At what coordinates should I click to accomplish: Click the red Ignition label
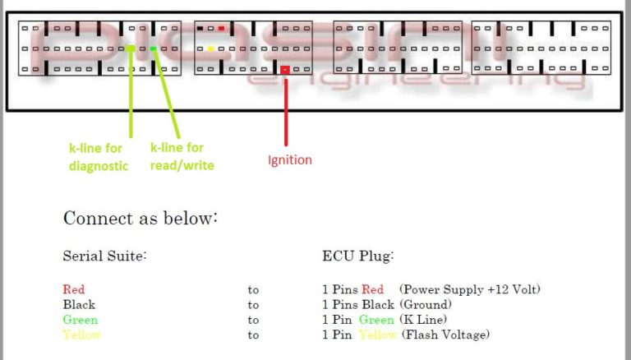pyautogui.click(x=290, y=159)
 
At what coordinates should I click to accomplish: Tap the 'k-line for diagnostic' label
pyautogui.click(x=99, y=156)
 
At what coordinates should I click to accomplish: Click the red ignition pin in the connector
pyautogui.click(x=285, y=70)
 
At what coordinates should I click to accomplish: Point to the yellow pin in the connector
pyautogui.click(x=211, y=48)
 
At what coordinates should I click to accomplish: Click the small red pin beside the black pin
pyautogui.click(x=221, y=28)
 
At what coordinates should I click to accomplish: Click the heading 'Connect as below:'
pyautogui.click(x=140, y=219)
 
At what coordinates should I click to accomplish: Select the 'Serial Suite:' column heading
pyautogui.click(x=104, y=256)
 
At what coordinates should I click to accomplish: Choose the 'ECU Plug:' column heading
pyautogui.click(x=357, y=256)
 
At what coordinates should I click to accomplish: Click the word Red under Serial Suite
pyautogui.click(x=74, y=289)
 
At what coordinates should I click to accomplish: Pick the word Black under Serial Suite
pyautogui.click(x=79, y=304)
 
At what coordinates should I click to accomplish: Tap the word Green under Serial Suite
pyautogui.click(x=80, y=320)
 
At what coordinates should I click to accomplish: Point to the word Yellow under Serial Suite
pyautogui.click(x=81, y=335)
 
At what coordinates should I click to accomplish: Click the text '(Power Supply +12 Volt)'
pyautogui.click(x=470, y=289)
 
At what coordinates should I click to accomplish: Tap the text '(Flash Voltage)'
pyautogui.click(x=444, y=335)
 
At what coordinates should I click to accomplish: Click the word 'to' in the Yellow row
pyautogui.click(x=253, y=335)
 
